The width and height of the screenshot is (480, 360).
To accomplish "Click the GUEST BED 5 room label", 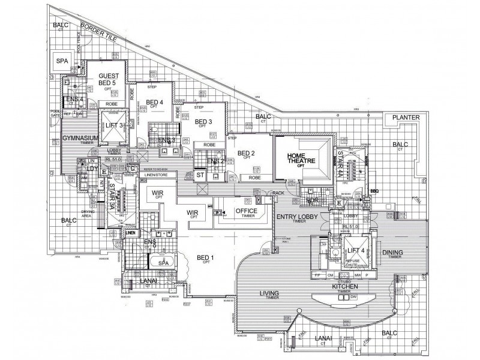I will pos(110,80).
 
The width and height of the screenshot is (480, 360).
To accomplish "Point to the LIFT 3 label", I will pos(114,125).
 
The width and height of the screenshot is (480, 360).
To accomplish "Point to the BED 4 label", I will pos(154,102).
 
